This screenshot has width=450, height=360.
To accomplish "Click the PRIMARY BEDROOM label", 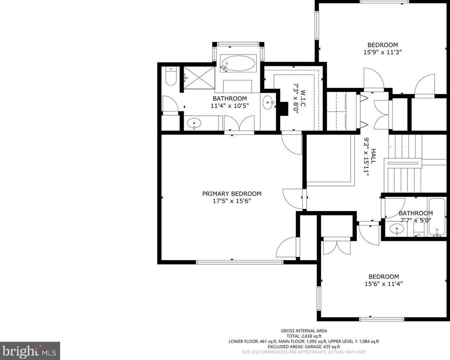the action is click(x=232, y=194).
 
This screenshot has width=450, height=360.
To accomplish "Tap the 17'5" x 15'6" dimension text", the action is click(x=232, y=201).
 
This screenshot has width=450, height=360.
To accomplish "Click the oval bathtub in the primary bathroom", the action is click(x=239, y=63).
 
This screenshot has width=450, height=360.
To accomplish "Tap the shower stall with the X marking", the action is click(x=199, y=77).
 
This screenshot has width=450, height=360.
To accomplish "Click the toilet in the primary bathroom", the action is click(x=171, y=76).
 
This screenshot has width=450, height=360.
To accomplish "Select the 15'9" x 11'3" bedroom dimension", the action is click(x=382, y=52).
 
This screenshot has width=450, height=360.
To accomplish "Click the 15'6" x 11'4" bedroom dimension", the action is click(x=384, y=284).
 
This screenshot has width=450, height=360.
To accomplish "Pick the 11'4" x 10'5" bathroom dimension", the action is click(x=230, y=106).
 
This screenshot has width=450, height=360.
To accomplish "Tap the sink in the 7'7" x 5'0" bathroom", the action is click(x=397, y=229).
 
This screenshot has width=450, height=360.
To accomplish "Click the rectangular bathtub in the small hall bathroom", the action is click(x=437, y=217).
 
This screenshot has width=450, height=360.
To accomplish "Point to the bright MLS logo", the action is click(x=30, y=351).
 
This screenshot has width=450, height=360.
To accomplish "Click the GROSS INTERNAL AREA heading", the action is click(x=304, y=331).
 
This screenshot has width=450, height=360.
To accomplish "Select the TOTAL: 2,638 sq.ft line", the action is click(x=304, y=336).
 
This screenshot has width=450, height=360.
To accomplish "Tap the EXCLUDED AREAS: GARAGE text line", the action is click(x=304, y=346).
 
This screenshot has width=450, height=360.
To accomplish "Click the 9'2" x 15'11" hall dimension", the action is click(x=366, y=157).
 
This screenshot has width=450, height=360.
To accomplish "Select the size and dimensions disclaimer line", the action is click(x=304, y=352).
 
